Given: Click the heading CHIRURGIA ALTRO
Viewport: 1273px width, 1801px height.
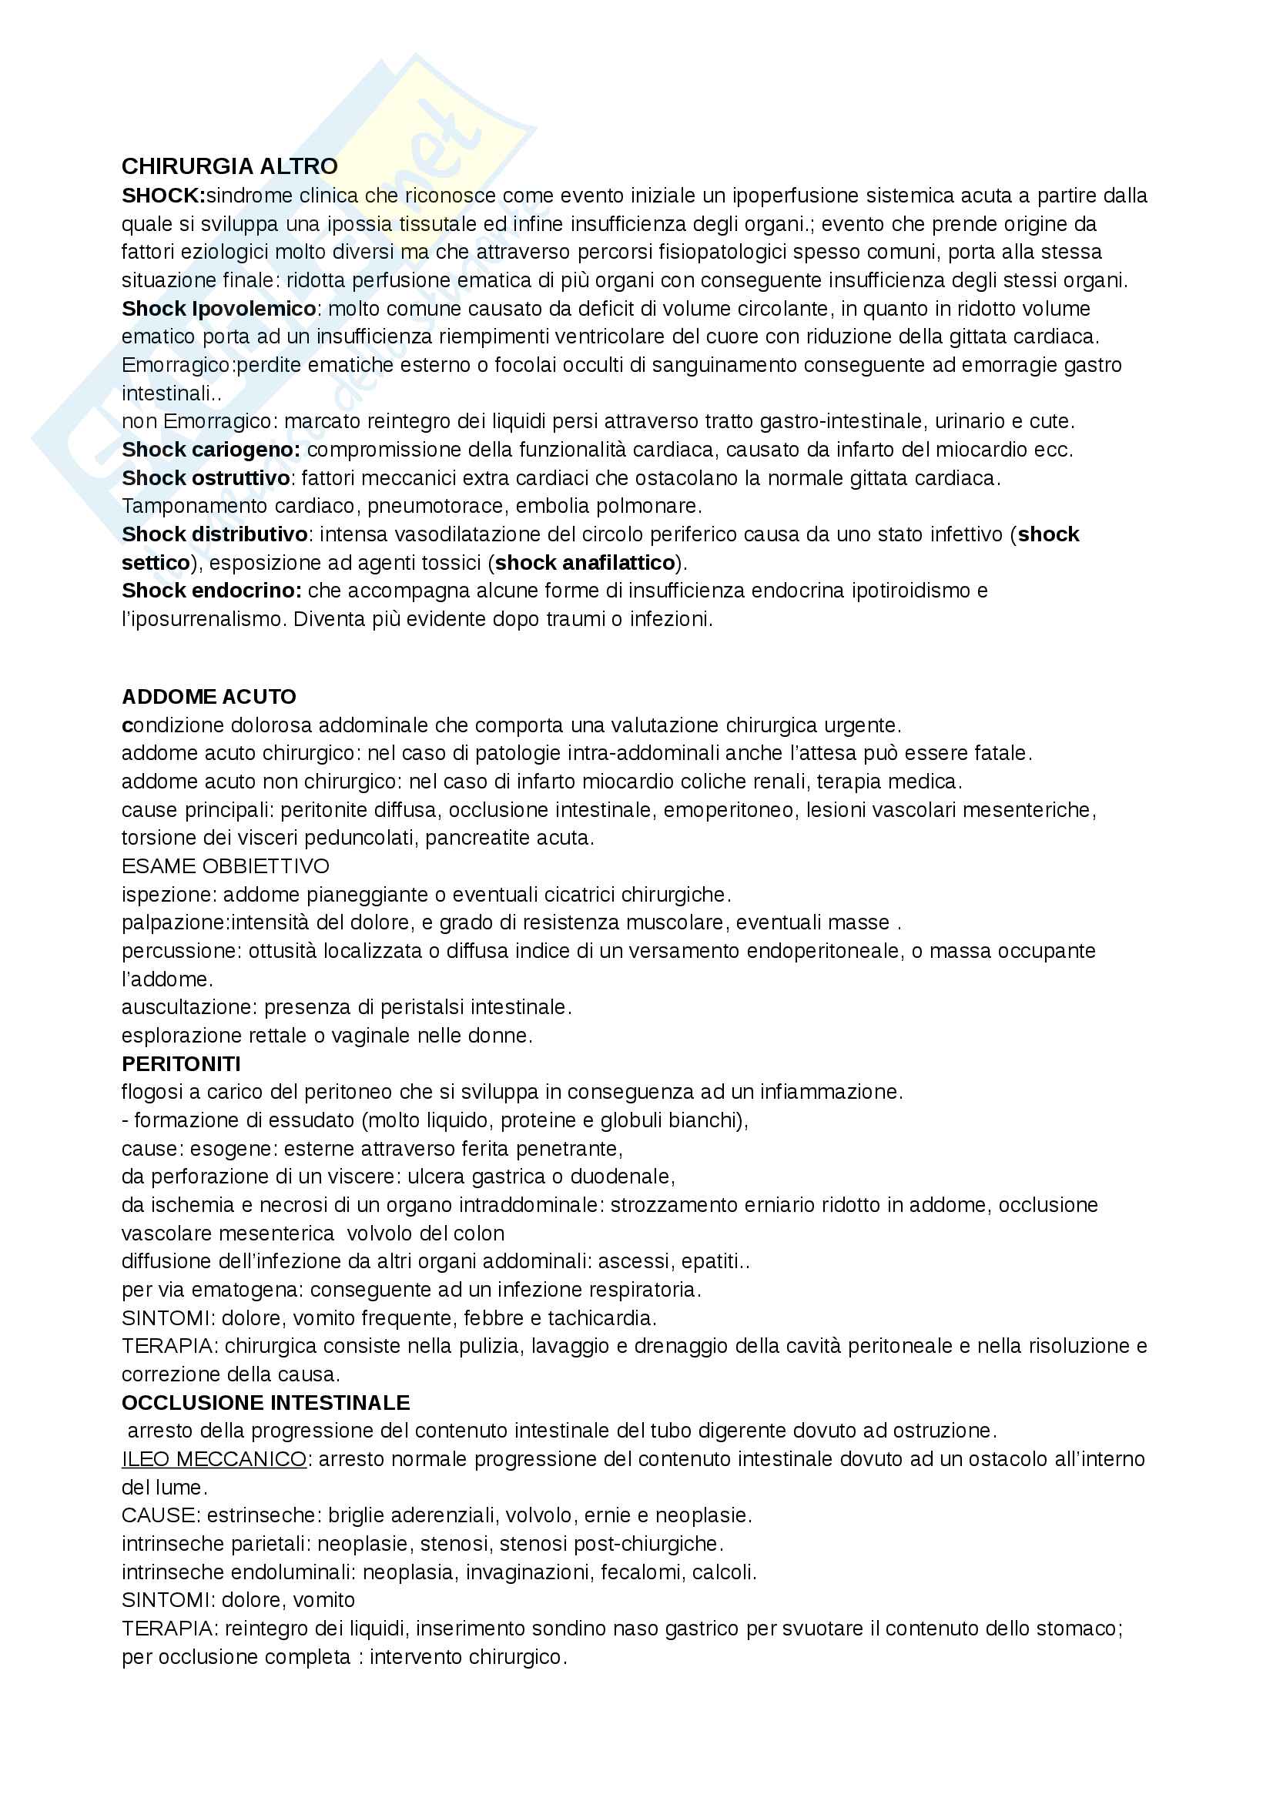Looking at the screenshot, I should pos(229,166).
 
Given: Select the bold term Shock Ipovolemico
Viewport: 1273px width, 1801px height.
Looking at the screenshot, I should pos(219,308).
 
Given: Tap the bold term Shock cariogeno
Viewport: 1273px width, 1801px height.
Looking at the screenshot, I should pos(210,450).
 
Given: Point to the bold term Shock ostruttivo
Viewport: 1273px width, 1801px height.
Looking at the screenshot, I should pos(206,477).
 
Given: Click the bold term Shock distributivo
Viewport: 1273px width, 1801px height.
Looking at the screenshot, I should pos(214,534).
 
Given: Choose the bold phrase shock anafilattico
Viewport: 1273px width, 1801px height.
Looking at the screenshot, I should pos(585,562).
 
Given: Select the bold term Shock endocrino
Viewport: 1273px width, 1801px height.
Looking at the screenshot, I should pos(211,590).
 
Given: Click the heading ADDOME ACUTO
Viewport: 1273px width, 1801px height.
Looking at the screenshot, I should pos(209,697).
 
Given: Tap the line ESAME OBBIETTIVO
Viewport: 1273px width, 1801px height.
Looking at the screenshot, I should pos(225,866).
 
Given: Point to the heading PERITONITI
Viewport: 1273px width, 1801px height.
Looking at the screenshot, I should pos(181,1063).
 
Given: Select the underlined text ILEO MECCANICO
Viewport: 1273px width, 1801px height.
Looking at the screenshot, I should pos(213,1459).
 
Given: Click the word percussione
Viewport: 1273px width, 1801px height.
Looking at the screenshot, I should pos(179,951).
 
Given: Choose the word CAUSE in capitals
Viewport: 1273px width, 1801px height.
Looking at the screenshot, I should pos(158,1515).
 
